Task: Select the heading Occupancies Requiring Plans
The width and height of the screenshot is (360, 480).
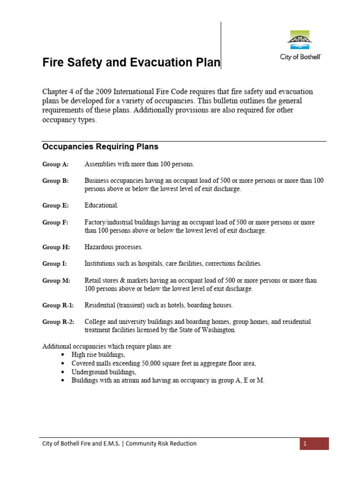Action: pos(100,147)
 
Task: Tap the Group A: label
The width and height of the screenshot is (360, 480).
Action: pos(55,165)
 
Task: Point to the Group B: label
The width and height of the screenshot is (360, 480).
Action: pos(55,181)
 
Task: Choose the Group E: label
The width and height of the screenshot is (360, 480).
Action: pos(55,206)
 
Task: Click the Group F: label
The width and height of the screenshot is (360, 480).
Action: pos(55,222)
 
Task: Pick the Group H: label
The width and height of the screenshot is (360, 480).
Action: pos(55,247)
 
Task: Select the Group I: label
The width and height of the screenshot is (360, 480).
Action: pos(54,264)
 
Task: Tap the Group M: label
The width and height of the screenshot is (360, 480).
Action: pos(56,281)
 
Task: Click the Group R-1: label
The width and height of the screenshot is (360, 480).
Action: pos(58,306)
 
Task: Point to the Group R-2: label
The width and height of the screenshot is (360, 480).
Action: pos(58,322)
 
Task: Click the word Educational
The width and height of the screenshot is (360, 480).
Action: pos(101,206)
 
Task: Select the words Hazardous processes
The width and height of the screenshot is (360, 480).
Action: pos(113,247)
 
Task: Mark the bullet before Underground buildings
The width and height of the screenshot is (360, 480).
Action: pos(63,372)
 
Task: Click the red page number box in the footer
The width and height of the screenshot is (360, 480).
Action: pos(314,444)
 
